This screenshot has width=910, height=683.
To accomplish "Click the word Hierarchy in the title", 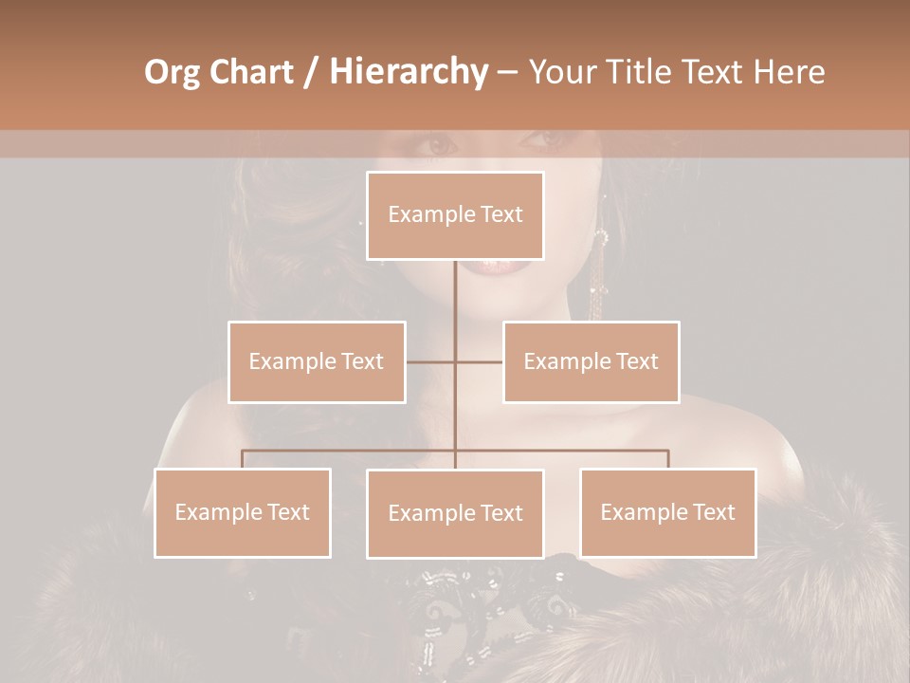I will tap(408, 72).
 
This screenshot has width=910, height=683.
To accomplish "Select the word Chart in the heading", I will tap(246, 72).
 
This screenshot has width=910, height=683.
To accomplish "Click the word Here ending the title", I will tap(789, 72).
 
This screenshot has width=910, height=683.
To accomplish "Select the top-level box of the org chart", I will tap(455, 215).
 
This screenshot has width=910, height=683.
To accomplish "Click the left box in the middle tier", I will tap(317, 361).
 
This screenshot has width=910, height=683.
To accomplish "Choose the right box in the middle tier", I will tap(591, 361).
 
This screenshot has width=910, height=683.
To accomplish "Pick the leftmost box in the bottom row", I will tap(243, 512).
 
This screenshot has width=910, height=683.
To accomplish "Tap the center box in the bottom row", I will tap(455, 513).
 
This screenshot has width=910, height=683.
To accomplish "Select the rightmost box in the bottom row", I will tap(667, 512).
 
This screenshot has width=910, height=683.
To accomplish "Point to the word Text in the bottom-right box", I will tap(713, 512).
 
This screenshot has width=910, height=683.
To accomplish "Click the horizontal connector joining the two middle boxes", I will tap(479, 361).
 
